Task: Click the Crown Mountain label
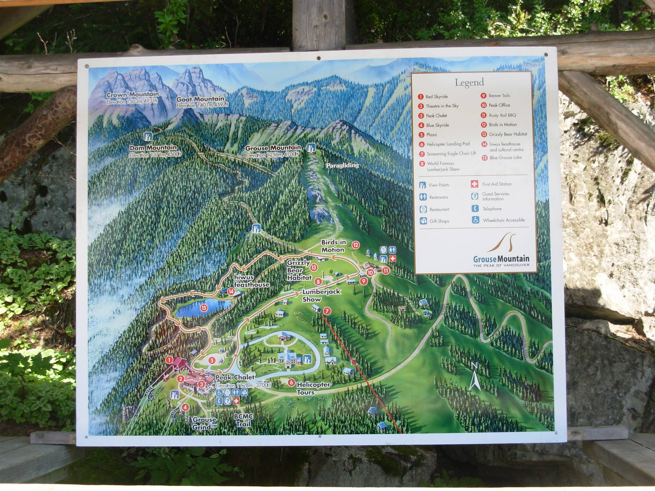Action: tap(132, 95)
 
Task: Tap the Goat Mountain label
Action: tap(200, 99)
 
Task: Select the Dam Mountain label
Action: tap(153, 148)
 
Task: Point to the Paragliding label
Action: tap(342, 165)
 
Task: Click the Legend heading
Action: tap(469, 83)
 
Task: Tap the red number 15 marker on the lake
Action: tap(204, 308)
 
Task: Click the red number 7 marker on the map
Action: tap(327, 311)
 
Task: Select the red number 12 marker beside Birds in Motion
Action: tap(356, 245)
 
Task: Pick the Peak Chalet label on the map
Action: tap(235, 377)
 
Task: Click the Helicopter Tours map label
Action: tap(313, 385)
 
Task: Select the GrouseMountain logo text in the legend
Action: tap(501, 259)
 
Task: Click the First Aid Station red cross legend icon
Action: tap(474, 184)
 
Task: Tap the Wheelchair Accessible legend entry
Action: tap(503, 220)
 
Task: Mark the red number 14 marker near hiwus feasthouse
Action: tap(231, 292)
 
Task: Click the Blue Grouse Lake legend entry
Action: tap(505, 158)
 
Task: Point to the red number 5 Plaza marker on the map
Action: tap(212, 360)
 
